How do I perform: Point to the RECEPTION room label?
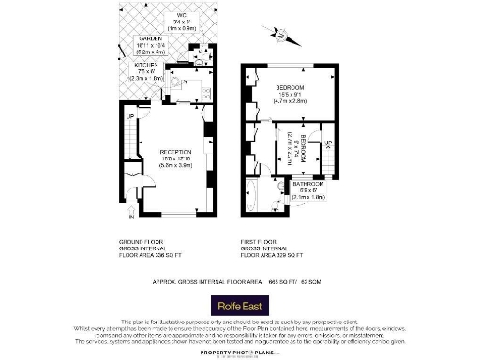tap(175, 151)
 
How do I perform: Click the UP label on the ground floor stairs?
tap(130, 116)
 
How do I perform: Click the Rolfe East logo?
tap(239, 305)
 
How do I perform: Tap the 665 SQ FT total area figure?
tap(283, 281)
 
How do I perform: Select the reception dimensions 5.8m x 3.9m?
tap(175, 164)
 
